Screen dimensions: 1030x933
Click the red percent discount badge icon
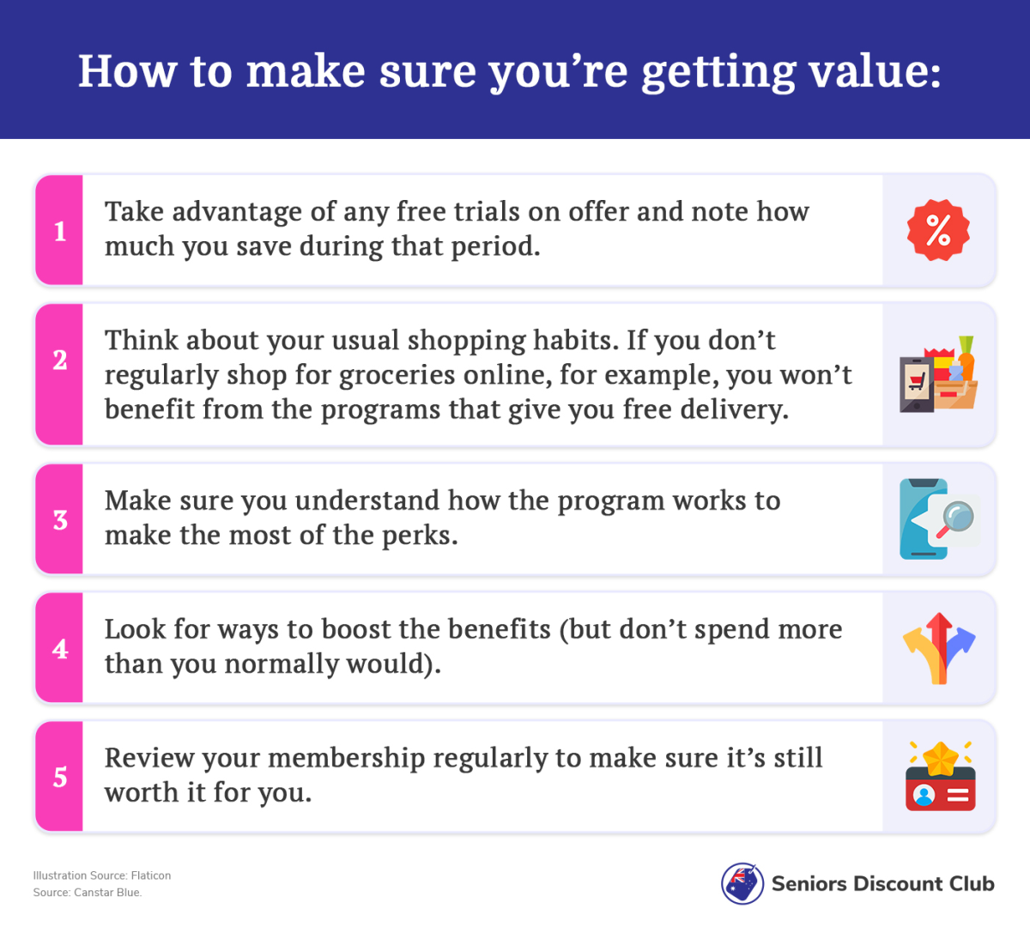(x=938, y=230)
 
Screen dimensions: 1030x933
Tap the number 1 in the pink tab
(x=60, y=231)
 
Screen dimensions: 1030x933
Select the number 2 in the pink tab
(x=60, y=360)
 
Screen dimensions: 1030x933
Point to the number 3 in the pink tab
(x=60, y=520)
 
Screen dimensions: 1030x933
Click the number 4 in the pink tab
(x=60, y=649)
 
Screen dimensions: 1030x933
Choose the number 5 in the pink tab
(x=60, y=777)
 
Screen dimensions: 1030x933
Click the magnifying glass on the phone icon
(x=954, y=519)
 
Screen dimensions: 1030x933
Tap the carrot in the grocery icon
(x=966, y=359)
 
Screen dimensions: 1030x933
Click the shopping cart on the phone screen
(x=918, y=381)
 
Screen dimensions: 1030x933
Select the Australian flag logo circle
(x=742, y=883)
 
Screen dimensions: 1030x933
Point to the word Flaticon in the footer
(x=151, y=875)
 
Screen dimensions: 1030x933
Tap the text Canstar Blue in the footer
(x=108, y=893)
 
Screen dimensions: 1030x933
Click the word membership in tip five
(x=347, y=759)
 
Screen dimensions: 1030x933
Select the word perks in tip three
(x=420, y=536)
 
